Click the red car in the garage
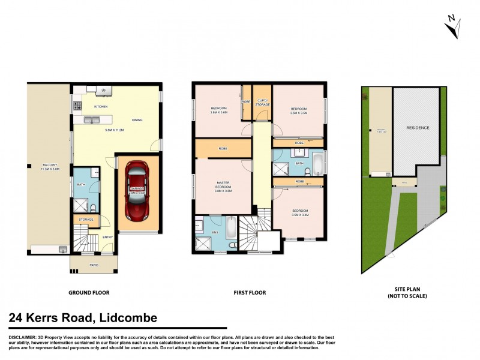coord(138,191)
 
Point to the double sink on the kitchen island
coord(94,120)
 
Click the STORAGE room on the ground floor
coord(86,220)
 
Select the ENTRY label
coord(107,238)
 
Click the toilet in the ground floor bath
coord(94,208)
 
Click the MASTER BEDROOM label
coord(223,187)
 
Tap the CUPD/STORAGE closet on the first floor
coord(262,103)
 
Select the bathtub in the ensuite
coord(232,229)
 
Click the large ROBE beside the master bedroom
coord(222,148)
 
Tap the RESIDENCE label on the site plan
coord(418,128)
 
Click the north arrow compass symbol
coord(452,25)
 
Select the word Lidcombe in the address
coord(128,318)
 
